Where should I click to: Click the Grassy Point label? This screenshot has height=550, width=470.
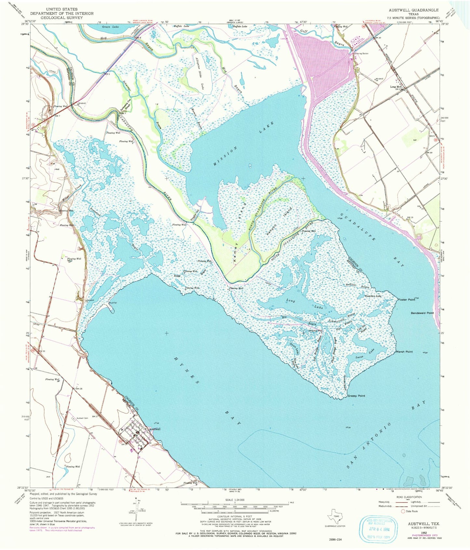click(356, 396)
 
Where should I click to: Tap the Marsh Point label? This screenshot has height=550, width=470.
click(404, 352)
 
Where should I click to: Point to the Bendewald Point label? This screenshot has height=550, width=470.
click(422, 313)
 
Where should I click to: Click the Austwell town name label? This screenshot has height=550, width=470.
click(154, 429)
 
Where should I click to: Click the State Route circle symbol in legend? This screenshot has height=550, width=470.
click(403, 511)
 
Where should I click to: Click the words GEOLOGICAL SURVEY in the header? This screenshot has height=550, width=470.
click(62, 18)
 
